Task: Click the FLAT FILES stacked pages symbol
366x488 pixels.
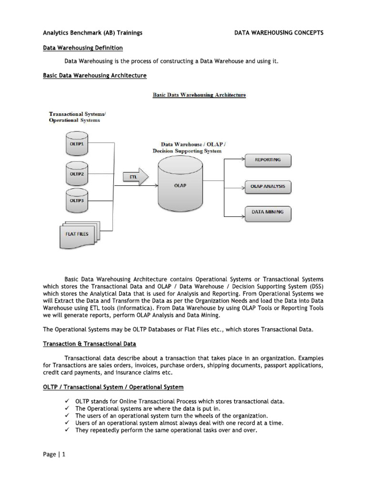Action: (77, 233)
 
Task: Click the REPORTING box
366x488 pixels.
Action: (267, 161)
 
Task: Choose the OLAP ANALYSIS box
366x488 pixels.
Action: (267, 187)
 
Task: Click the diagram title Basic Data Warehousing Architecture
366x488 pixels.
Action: (199, 95)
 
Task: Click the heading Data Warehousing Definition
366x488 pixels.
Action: (83, 48)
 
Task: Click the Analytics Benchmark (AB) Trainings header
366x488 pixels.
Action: (92, 33)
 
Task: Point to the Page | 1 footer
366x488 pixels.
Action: (54, 454)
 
